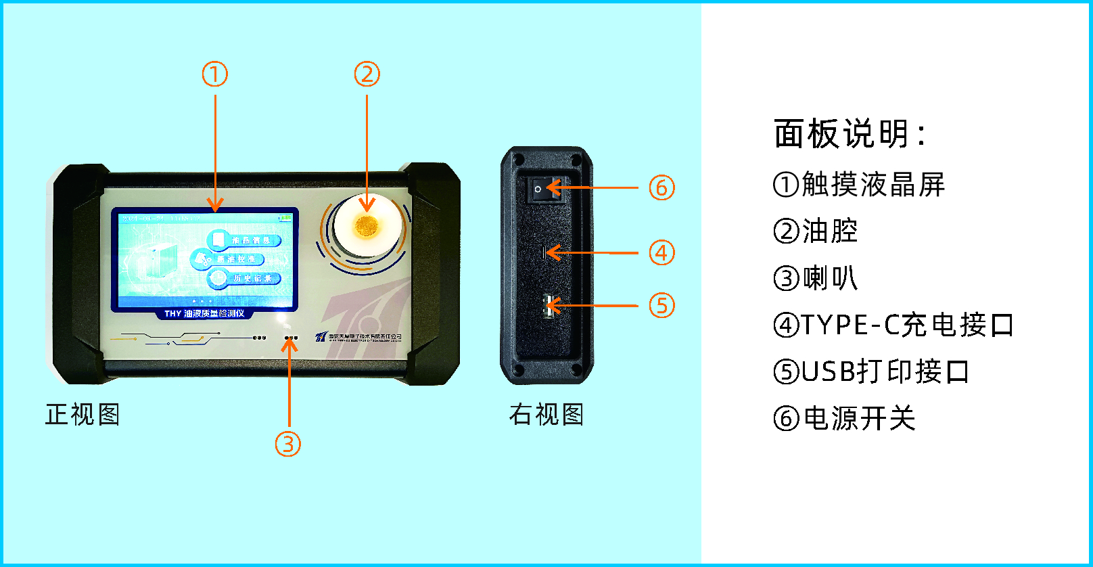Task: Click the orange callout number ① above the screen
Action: tap(215, 74)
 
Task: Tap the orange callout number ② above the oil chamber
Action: tap(367, 74)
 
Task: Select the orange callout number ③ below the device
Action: tap(288, 444)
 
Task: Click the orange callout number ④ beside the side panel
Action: tap(661, 252)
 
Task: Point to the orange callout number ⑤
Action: tap(661, 305)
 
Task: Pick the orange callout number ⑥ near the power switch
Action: tap(661, 187)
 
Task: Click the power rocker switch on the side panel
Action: tap(544, 189)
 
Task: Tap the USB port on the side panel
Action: tap(548, 306)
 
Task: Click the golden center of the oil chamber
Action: tap(367, 226)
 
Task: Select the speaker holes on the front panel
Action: tap(291, 337)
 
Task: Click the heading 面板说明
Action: tap(849, 133)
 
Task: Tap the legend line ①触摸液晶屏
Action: tap(859, 184)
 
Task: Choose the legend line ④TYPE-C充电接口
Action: tap(893, 325)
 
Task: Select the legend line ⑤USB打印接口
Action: tap(871, 371)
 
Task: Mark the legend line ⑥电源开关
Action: tap(844, 418)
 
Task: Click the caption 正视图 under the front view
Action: tap(83, 414)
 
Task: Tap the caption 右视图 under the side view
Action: tap(546, 414)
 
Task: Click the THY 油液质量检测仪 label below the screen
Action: tap(204, 313)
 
